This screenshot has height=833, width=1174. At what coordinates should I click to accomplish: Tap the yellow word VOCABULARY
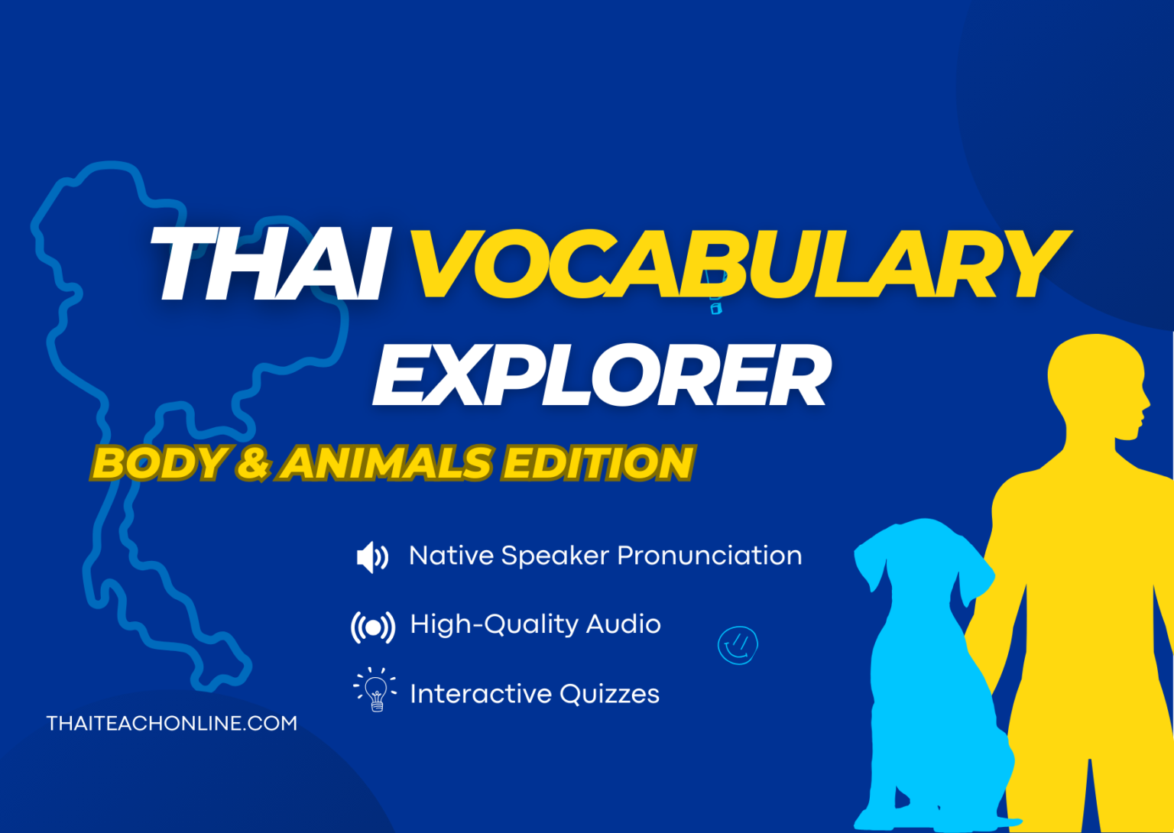click(738, 264)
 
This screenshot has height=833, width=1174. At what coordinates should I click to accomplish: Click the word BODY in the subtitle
click(159, 464)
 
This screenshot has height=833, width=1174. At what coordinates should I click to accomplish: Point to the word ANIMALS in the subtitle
click(386, 464)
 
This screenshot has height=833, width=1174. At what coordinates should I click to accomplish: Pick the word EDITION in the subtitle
click(597, 464)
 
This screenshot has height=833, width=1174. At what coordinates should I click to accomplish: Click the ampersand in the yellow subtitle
click(253, 464)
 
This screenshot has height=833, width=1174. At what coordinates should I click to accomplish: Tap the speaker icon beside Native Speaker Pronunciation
click(372, 557)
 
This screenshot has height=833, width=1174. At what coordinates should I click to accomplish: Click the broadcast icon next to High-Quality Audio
click(373, 627)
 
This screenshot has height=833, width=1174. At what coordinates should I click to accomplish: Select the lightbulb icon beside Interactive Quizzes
click(375, 690)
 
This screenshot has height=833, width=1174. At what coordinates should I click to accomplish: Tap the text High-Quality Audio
click(535, 624)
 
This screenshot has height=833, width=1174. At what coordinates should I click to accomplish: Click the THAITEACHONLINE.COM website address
click(171, 724)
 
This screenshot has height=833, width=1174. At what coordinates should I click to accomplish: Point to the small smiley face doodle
click(738, 645)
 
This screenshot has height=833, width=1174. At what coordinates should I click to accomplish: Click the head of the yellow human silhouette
click(1098, 382)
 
